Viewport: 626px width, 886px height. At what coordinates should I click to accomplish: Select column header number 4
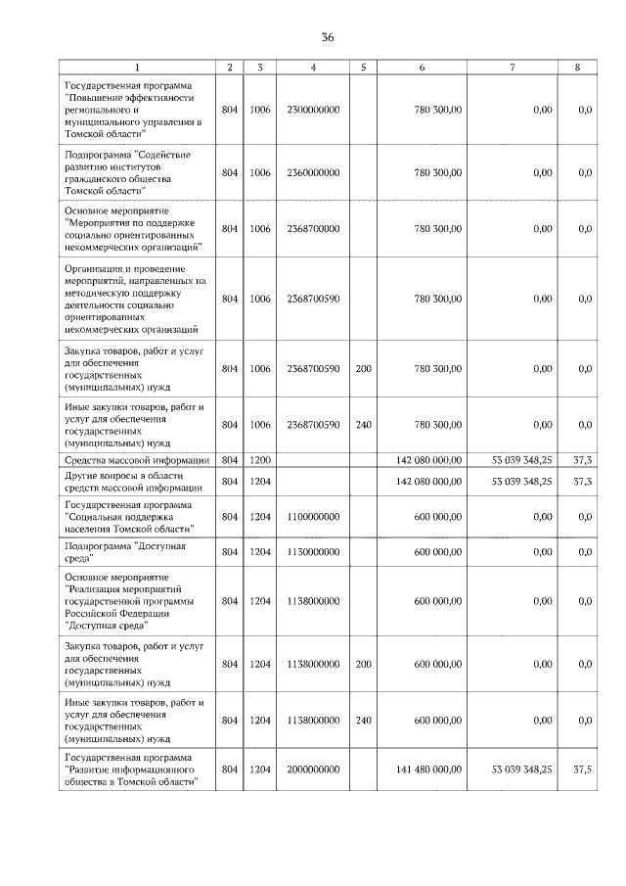point(312,67)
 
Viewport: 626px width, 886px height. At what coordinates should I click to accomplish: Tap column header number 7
point(513,67)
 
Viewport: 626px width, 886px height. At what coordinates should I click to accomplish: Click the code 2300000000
point(314,110)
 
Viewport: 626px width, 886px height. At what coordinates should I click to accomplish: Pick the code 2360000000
point(314,172)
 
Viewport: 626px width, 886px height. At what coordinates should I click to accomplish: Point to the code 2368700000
point(314,229)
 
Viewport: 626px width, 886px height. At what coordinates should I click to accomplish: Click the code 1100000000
point(314,516)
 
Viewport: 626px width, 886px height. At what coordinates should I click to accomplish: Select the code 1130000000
point(314,552)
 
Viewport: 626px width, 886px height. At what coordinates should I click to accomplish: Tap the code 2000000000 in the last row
point(314,769)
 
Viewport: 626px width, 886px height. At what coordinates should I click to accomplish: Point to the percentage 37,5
point(582,769)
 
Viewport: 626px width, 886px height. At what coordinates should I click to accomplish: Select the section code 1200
point(259,459)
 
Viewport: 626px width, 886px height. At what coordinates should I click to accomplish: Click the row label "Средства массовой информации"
point(136,459)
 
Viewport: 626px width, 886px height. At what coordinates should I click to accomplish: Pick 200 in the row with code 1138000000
point(363,664)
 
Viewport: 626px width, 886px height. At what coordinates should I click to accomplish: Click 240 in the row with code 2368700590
point(363,425)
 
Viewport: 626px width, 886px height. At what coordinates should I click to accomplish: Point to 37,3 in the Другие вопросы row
point(582,482)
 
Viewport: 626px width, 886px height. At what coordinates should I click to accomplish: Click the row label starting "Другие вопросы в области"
point(132,482)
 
